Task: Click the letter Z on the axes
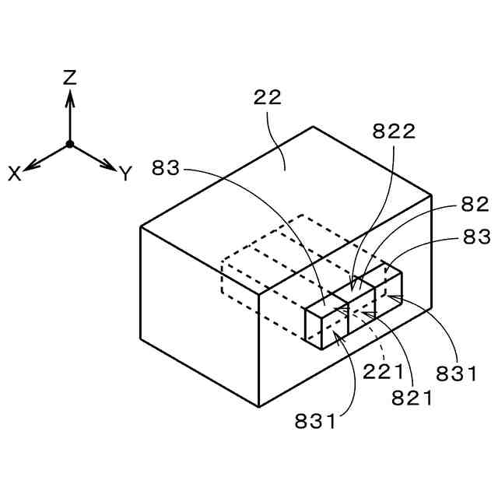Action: pyautogui.click(x=70, y=77)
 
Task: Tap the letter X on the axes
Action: pyautogui.click(x=15, y=174)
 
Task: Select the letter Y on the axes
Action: pyautogui.click(x=125, y=174)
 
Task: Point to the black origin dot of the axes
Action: pyautogui.click(x=69, y=144)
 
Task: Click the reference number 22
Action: pyautogui.click(x=267, y=98)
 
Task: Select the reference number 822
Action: pyautogui.click(x=394, y=132)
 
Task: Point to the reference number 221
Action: pyautogui.click(x=383, y=372)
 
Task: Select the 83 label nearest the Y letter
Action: pyautogui.click(x=167, y=167)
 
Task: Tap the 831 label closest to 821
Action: pyautogui.click(x=457, y=373)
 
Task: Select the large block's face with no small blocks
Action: pyautogui.click(x=198, y=311)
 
